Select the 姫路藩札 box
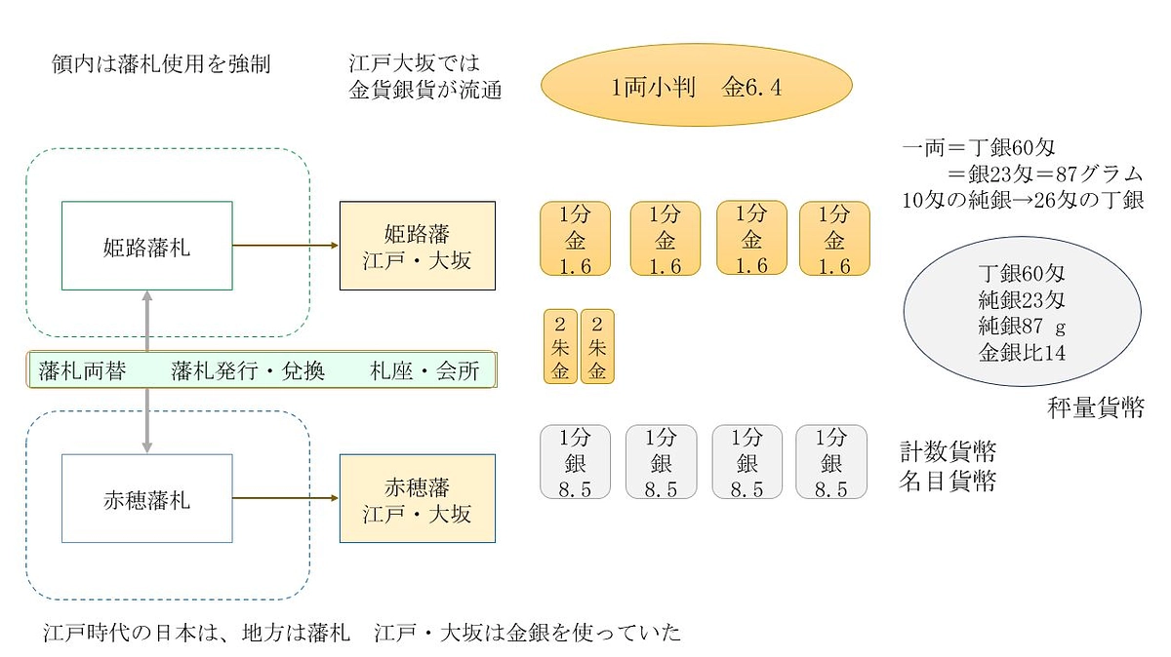[x=146, y=246]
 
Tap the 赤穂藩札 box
[x=146, y=498]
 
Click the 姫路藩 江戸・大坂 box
[x=417, y=246]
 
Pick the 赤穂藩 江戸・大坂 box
[x=417, y=498]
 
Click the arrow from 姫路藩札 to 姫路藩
[x=285, y=246]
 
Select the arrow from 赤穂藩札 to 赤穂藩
[x=285, y=498]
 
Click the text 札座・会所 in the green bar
[x=424, y=371]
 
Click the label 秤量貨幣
[x=1095, y=407]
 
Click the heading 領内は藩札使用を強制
[x=161, y=64]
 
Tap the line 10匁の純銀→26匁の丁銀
[x=1023, y=201]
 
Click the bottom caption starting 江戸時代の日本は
[x=361, y=633]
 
